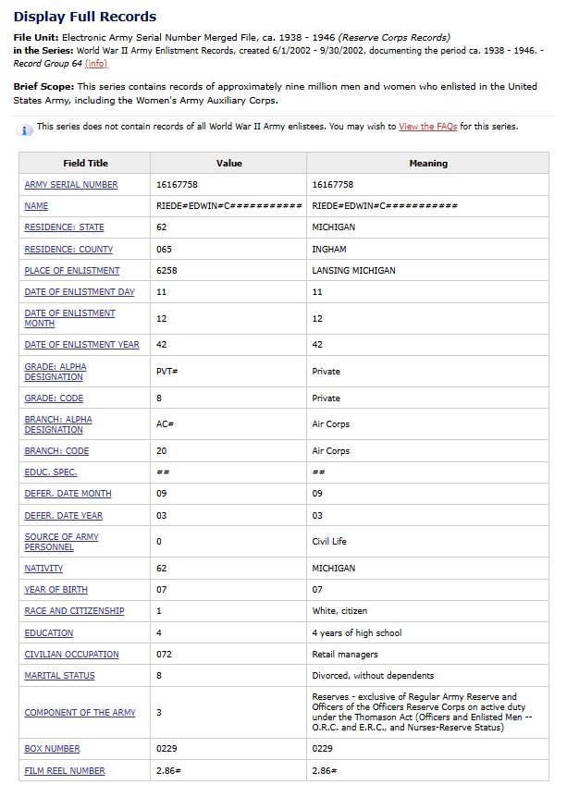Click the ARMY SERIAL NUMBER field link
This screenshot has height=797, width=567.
click(71, 185)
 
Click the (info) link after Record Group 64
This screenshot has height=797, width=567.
click(95, 64)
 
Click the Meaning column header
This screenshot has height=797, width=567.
click(428, 163)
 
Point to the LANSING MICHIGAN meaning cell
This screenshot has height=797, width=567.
click(353, 270)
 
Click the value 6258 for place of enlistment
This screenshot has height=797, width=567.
click(167, 270)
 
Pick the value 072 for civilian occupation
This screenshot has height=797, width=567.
click(166, 655)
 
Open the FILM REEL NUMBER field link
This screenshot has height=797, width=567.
click(65, 770)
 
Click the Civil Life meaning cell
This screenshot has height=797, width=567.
click(332, 542)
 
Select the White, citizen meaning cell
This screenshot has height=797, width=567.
click(343, 611)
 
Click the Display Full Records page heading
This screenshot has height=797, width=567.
click(85, 17)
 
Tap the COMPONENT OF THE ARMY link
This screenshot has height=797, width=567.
click(80, 712)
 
